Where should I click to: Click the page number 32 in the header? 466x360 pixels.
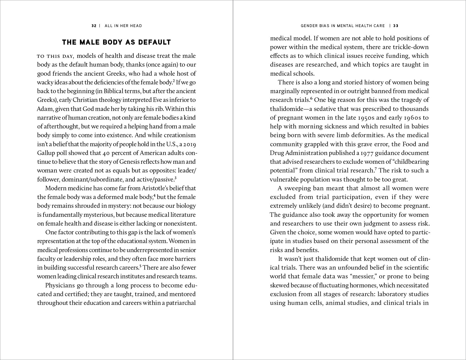pos(94,26)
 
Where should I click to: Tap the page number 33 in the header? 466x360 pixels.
pos(396,26)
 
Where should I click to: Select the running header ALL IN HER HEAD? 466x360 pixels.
pos(123,26)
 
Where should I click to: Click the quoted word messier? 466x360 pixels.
pos(366,276)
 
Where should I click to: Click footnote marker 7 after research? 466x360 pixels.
pos(376,169)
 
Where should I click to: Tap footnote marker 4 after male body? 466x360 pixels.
pos(154,195)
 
